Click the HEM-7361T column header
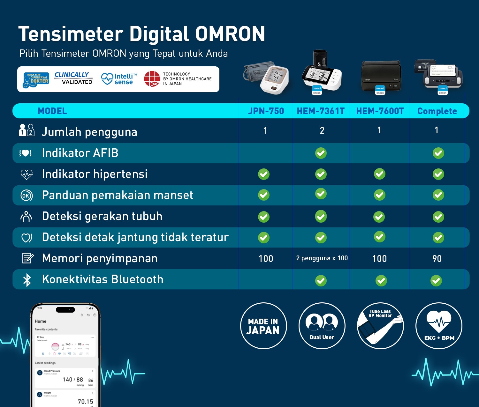[x=321, y=111]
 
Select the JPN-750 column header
[x=266, y=111]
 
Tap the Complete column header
[x=437, y=111]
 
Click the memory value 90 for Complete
[x=437, y=259]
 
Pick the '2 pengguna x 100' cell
[x=322, y=258]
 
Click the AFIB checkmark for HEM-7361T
[x=321, y=153]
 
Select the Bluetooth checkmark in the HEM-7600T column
[x=381, y=281]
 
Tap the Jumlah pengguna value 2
[x=322, y=130]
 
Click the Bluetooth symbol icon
[x=27, y=280]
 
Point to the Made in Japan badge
[x=263, y=326]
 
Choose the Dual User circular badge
[x=322, y=326]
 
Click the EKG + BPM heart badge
[x=439, y=326]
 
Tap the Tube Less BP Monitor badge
[x=380, y=326]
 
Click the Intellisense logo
[x=119, y=79]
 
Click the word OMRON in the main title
[x=230, y=34]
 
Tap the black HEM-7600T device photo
[x=381, y=77]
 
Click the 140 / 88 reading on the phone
[x=73, y=380]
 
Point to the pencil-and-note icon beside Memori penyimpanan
[x=27, y=258]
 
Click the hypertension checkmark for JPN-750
[x=264, y=174]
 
